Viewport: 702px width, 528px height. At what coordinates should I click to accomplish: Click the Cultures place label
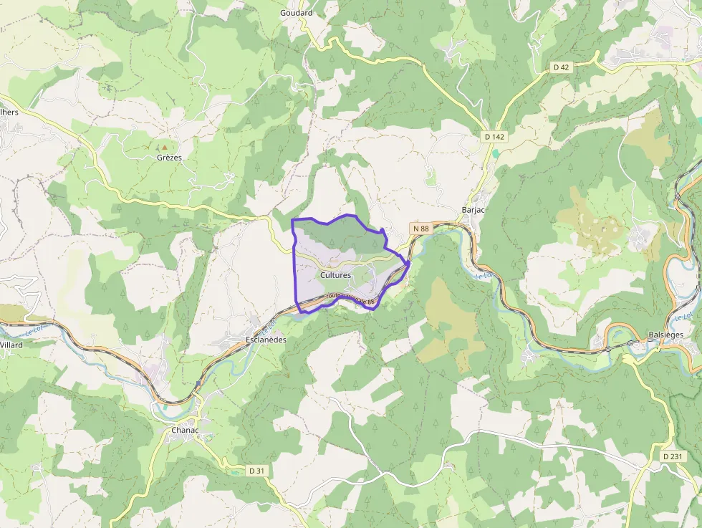point(335,275)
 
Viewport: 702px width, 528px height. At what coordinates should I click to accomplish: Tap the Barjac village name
point(474,210)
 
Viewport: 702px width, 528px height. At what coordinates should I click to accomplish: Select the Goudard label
point(296,13)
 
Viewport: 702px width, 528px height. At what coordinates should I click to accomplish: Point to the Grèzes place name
point(169,158)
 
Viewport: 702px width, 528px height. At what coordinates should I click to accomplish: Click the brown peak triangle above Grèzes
point(164,147)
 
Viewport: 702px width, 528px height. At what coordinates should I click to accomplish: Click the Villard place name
point(11,345)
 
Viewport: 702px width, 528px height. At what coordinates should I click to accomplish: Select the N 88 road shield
point(421,229)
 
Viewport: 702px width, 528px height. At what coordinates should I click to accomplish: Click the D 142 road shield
point(494,136)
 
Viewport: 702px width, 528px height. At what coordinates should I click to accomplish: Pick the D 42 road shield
point(561,67)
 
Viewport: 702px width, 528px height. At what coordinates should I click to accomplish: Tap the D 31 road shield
point(256,471)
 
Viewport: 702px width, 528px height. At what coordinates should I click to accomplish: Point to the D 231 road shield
point(673,456)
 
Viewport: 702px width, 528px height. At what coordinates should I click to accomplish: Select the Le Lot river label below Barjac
point(484,274)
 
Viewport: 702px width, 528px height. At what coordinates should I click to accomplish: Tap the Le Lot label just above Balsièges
point(682,316)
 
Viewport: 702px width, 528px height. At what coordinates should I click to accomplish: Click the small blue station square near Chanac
point(197,384)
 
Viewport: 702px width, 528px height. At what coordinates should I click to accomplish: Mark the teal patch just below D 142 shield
point(495,153)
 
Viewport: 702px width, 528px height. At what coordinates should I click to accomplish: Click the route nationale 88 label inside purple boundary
point(351,299)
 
